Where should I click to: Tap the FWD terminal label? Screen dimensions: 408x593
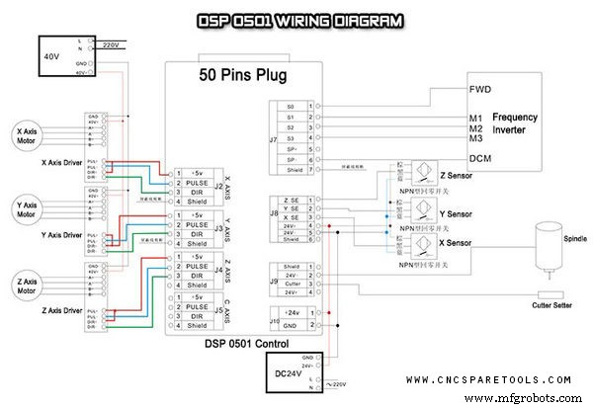pos(481,89)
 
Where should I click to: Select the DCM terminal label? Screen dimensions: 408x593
pos(480,158)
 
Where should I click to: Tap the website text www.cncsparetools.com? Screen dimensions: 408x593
pos(488,379)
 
